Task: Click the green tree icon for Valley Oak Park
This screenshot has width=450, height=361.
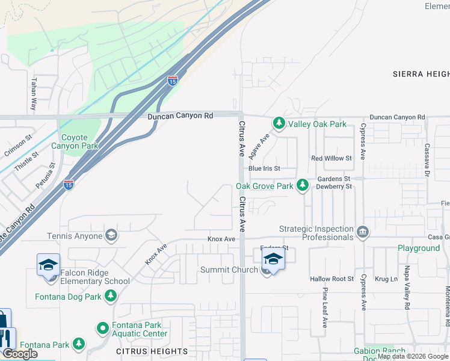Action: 279,123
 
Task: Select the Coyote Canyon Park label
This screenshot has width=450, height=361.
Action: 74,141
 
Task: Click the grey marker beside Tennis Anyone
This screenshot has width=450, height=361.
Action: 111,235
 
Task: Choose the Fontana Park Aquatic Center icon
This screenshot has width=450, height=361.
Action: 102,329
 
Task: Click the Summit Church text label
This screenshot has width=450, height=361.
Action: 229,270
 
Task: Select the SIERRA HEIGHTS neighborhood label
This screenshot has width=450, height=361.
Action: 421,73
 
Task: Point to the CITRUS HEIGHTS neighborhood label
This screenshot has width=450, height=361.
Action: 152,351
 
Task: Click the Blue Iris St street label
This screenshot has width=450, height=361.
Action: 273,169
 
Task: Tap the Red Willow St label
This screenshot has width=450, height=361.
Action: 331,158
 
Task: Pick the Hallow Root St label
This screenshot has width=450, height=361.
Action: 332,279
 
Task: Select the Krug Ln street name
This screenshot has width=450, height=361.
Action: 386,279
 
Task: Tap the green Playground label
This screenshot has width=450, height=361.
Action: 418,248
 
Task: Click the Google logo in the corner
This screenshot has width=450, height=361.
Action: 20,354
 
